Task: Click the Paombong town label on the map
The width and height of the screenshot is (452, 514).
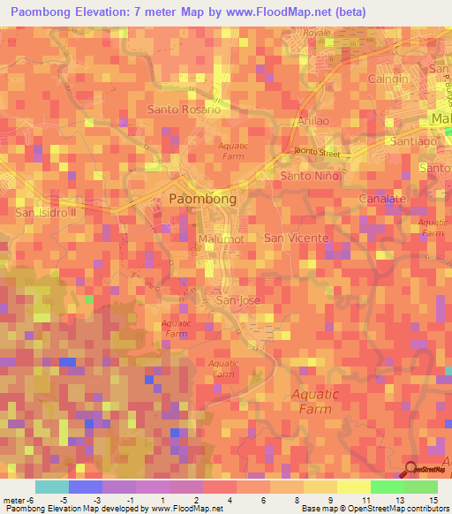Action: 202,200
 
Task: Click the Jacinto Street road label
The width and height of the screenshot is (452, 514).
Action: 317,152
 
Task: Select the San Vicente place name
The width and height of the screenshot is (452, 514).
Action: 297,238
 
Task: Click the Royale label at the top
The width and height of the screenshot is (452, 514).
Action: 316,33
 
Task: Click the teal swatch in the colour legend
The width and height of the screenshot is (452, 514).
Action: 52,487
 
